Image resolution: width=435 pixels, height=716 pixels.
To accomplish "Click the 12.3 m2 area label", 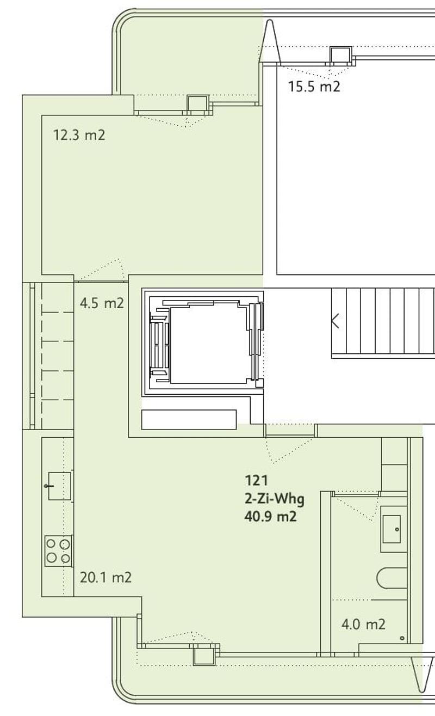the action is (79, 135).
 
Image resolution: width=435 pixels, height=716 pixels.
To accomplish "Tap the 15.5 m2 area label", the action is (314, 87).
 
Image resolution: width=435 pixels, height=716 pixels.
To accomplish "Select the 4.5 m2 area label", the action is (102, 303).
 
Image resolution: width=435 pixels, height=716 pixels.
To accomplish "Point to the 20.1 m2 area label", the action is (105, 577).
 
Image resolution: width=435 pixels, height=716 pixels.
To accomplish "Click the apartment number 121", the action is (256, 480).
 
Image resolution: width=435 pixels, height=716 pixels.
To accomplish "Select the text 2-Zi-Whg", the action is (275, 499).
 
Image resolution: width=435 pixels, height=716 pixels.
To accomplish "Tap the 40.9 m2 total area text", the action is (271, 516).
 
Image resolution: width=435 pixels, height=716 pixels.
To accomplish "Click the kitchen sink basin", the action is (60, 486).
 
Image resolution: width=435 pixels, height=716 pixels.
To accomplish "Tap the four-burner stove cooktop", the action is (58, 551).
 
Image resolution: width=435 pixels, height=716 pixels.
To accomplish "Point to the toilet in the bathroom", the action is (392, 578).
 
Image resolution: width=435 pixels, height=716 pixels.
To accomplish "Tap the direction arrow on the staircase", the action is (335, 321).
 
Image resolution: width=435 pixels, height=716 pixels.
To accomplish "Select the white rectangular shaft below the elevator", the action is (189, 419).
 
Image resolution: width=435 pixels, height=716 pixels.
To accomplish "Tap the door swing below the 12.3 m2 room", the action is (101, 270).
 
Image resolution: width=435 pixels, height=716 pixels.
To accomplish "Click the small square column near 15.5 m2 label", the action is (341, 54).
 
